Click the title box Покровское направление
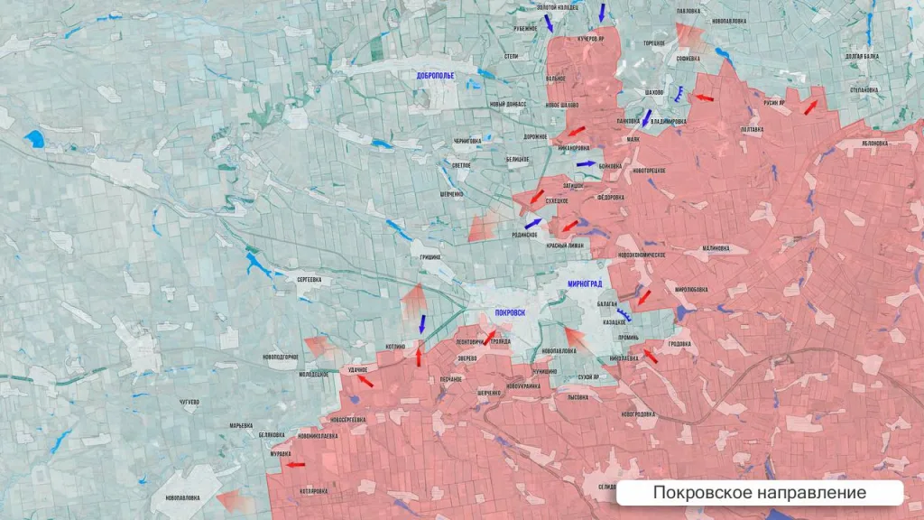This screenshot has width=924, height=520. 759,493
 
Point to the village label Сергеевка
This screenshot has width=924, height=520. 309,280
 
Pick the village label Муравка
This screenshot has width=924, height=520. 281,453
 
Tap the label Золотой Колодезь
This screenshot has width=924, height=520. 558,7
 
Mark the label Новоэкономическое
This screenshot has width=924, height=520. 641,255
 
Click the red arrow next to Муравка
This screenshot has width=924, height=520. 295,465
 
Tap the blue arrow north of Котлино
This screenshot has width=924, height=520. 422,323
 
